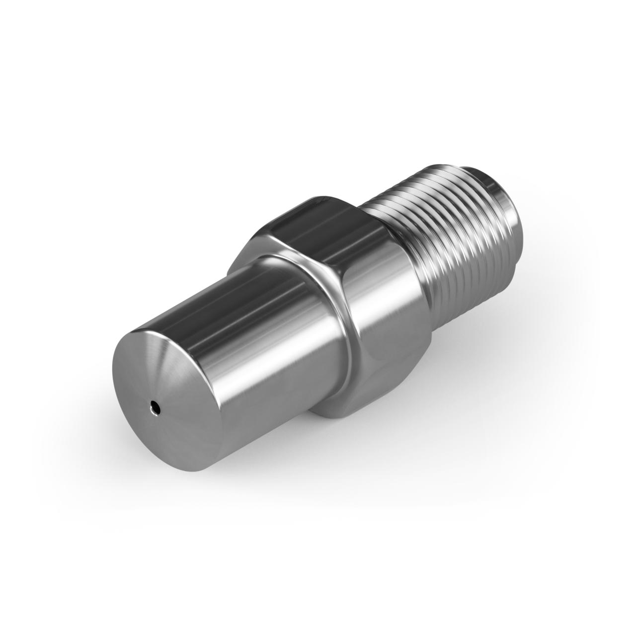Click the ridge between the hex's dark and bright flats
pyautogui.click(x=348, y=258)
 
